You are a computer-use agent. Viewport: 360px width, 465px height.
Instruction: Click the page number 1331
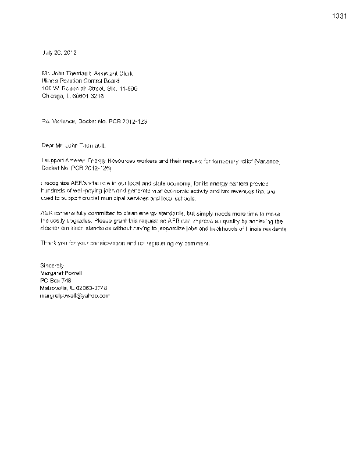[x=339, y=16]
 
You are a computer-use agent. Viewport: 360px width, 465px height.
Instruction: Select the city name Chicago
[x=51, y=96]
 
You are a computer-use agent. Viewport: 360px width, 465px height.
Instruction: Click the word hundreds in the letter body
[x=53, y=191]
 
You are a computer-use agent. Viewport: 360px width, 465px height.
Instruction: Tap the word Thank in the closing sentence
[x=49, y=243]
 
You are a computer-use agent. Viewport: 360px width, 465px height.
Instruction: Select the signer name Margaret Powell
[x=62, y=273]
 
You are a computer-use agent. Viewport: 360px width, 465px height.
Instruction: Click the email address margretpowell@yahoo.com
[x=75, y=295]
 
